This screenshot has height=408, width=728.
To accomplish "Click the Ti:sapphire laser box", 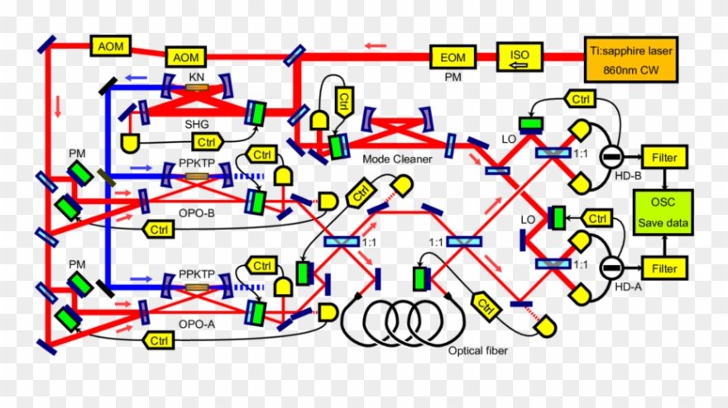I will [631, 59].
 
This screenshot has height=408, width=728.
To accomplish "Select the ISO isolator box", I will [520, 57].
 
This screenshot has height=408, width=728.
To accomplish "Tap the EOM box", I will [453, 57].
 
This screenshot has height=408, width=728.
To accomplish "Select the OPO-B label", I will [195, 212].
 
